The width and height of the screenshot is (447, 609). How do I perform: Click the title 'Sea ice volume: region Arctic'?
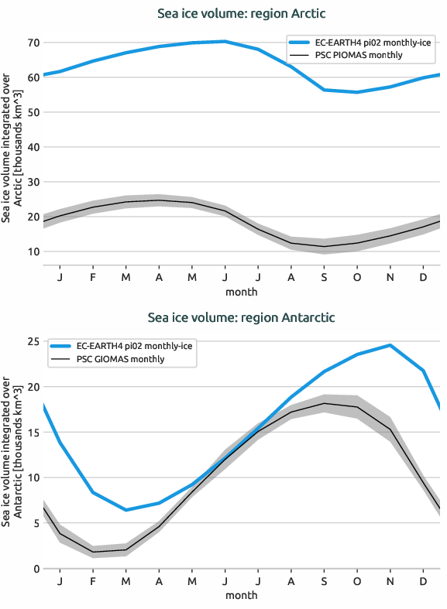pyautogui.click(x=241, y=14)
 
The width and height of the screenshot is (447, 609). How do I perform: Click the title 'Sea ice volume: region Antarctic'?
pyautogui.click(x=241, y=318)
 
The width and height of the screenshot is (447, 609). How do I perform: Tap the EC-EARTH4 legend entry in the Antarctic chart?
pyautogui.click(x=121, y=346)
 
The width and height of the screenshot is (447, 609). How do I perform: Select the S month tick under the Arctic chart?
pyautogui.click(x=325, y=277)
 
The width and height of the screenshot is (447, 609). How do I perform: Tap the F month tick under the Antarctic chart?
pyautogui.click(x=92, y=581)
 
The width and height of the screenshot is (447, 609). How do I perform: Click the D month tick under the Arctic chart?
pyautogui.click(x=422, y=277)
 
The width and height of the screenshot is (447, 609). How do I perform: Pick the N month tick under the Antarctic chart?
pyautogui.click(x=390, y=581)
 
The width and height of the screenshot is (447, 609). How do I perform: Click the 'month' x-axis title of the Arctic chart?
pyautogui.click(x=241, y=292)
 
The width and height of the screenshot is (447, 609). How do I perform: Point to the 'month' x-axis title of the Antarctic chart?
pyautogui.click(x=241, y=596)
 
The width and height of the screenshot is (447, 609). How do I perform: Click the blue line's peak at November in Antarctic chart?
pyautogui.click(x=390, y=345)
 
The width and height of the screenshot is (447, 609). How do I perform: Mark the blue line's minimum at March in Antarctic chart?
pyautogui.click(x=126, y=510)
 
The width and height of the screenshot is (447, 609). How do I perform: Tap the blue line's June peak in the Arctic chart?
pyautogui.click(x=225, y=41)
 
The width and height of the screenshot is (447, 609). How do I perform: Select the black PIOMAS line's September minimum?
pyautogui.click(x=325, y=247)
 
